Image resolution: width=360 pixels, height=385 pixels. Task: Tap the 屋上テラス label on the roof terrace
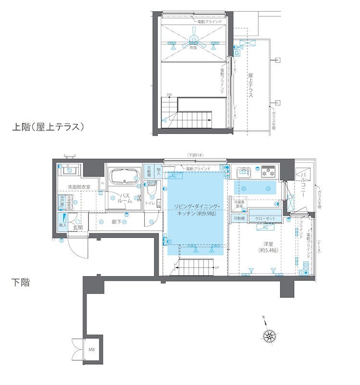coord(251,85)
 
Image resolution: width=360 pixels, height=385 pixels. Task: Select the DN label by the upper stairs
coord(169,94)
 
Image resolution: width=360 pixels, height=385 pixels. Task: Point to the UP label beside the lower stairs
coord(217,268)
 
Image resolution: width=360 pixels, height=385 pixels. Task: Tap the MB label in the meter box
coord(91,350)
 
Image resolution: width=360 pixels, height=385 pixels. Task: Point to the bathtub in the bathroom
coord(125,178)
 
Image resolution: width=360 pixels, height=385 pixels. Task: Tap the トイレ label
coord(150,203)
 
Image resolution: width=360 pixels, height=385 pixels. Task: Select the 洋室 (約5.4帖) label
coord(268,247)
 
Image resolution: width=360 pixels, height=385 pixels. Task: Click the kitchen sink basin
coord(243,172)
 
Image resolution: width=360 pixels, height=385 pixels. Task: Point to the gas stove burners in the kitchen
coord(268,171)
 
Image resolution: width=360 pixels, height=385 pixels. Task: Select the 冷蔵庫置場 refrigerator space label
coord(239,204)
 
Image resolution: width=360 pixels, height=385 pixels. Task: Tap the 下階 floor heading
coord(21,282)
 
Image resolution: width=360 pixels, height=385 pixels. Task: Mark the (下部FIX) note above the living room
coord(196,155)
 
